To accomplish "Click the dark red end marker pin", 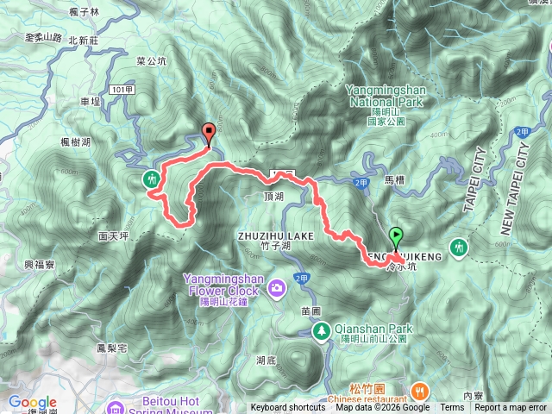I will [208, 132].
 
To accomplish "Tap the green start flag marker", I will [395, 235].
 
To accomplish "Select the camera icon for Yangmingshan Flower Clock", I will [277, 286].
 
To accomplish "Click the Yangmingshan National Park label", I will [384, 94].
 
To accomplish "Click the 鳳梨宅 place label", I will [111, 348].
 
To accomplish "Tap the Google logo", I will [32, 402].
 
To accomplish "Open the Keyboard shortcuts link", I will [288, 408].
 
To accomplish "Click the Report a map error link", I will [511, 408].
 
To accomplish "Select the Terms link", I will [452, 408].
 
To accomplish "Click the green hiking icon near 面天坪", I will [152, 179].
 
